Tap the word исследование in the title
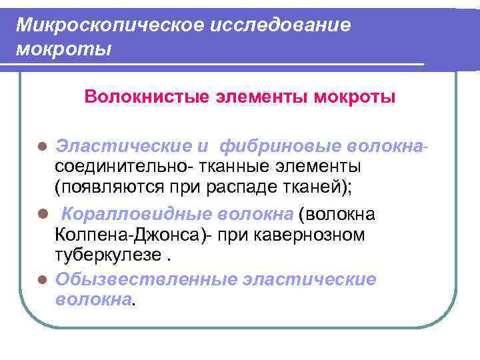pos(280,25)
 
